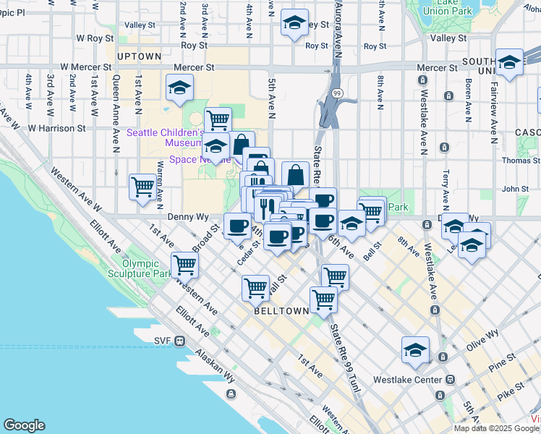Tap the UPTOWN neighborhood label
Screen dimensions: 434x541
[x=139, y=56]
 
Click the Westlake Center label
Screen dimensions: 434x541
[x=406, y=379]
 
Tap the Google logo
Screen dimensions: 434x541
[x=24, y=425]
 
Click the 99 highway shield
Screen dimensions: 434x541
[x=337, y=94]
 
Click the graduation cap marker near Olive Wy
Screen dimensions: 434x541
[x=416, y=350]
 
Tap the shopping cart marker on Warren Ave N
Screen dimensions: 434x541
[x=142, y=187]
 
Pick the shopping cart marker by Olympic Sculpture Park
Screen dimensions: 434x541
[x=185, y=265]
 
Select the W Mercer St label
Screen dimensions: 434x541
[x=85, y=67]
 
